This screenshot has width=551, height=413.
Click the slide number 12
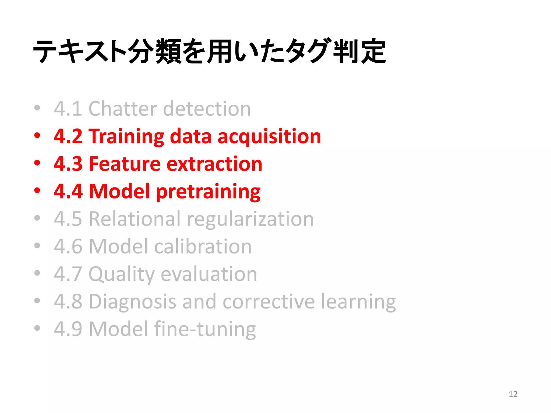513,394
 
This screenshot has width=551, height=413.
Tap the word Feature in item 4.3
125,164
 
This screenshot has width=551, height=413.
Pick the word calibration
203,246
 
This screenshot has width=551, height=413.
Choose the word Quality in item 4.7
122,275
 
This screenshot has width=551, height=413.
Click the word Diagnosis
132,302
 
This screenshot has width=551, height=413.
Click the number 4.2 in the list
68,136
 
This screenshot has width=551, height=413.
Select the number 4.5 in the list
68,219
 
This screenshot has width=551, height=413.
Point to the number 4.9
68,329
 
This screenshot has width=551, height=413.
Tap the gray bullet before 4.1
37,108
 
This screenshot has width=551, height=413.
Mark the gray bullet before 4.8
37,300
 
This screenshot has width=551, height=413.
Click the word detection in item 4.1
207,109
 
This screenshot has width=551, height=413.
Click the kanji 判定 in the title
359,51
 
